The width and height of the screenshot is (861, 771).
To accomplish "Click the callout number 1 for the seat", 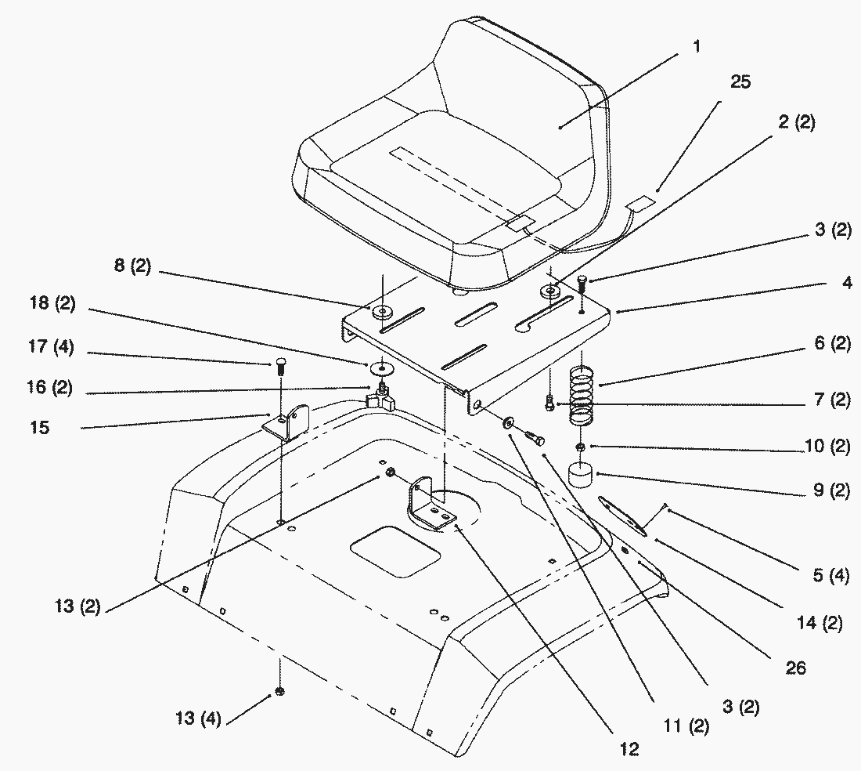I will coord(696,47).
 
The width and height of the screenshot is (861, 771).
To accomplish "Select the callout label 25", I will coord(740,82).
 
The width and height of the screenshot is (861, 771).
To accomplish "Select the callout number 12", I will coord(629,750).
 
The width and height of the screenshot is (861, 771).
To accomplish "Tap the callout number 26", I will coord(796,668).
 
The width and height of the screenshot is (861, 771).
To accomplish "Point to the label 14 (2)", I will coord(820,624).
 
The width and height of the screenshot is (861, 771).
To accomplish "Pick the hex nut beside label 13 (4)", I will coord(279,692).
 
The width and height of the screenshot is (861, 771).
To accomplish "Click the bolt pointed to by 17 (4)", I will coord(282,365).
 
